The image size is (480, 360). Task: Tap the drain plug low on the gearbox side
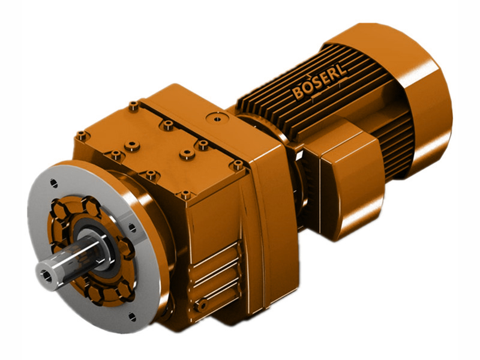point(203,306)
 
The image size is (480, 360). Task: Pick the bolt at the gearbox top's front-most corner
point(185,194)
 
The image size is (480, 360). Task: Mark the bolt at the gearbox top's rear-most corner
point(133,106)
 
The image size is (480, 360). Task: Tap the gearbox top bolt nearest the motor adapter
point(238,164)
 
